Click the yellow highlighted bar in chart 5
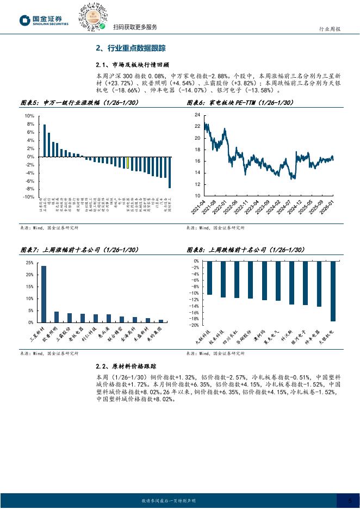pyautogui.click(x=127, y=163)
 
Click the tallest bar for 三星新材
pyautogui.click(x=44, y=294)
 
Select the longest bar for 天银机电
pyautogui.click(x=333, y=291)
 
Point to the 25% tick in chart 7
pyautogui.click(x=29, y=262)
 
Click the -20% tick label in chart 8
pyautogui.click(x=194, y=325)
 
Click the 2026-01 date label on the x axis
pyautogui.click(x=327, y=207)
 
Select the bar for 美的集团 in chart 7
pyautogui.click(x=160, y=321)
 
